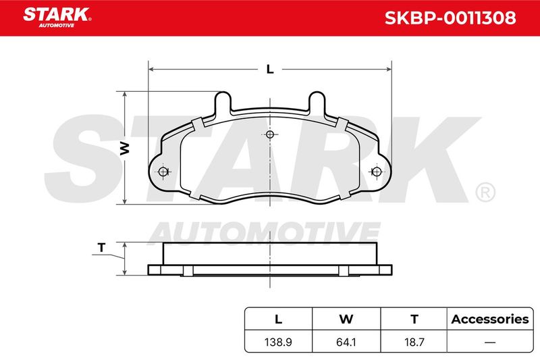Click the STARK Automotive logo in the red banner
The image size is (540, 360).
(x=57, y=18)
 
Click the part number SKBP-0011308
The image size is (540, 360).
(x=450, y=18)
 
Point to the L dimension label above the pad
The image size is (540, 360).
(x=270, y=70)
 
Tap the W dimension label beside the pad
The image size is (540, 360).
(x=124, y=148)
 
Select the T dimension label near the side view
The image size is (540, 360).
(x=101, y=247)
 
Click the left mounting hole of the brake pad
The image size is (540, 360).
(x=163, y=171)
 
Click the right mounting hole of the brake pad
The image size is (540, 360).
(x=377, y=171)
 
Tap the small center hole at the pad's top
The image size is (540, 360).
(x=270, y=134)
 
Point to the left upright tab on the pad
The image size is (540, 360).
(x=223, y=103)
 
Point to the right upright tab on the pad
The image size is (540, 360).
(x=317, y=103)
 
